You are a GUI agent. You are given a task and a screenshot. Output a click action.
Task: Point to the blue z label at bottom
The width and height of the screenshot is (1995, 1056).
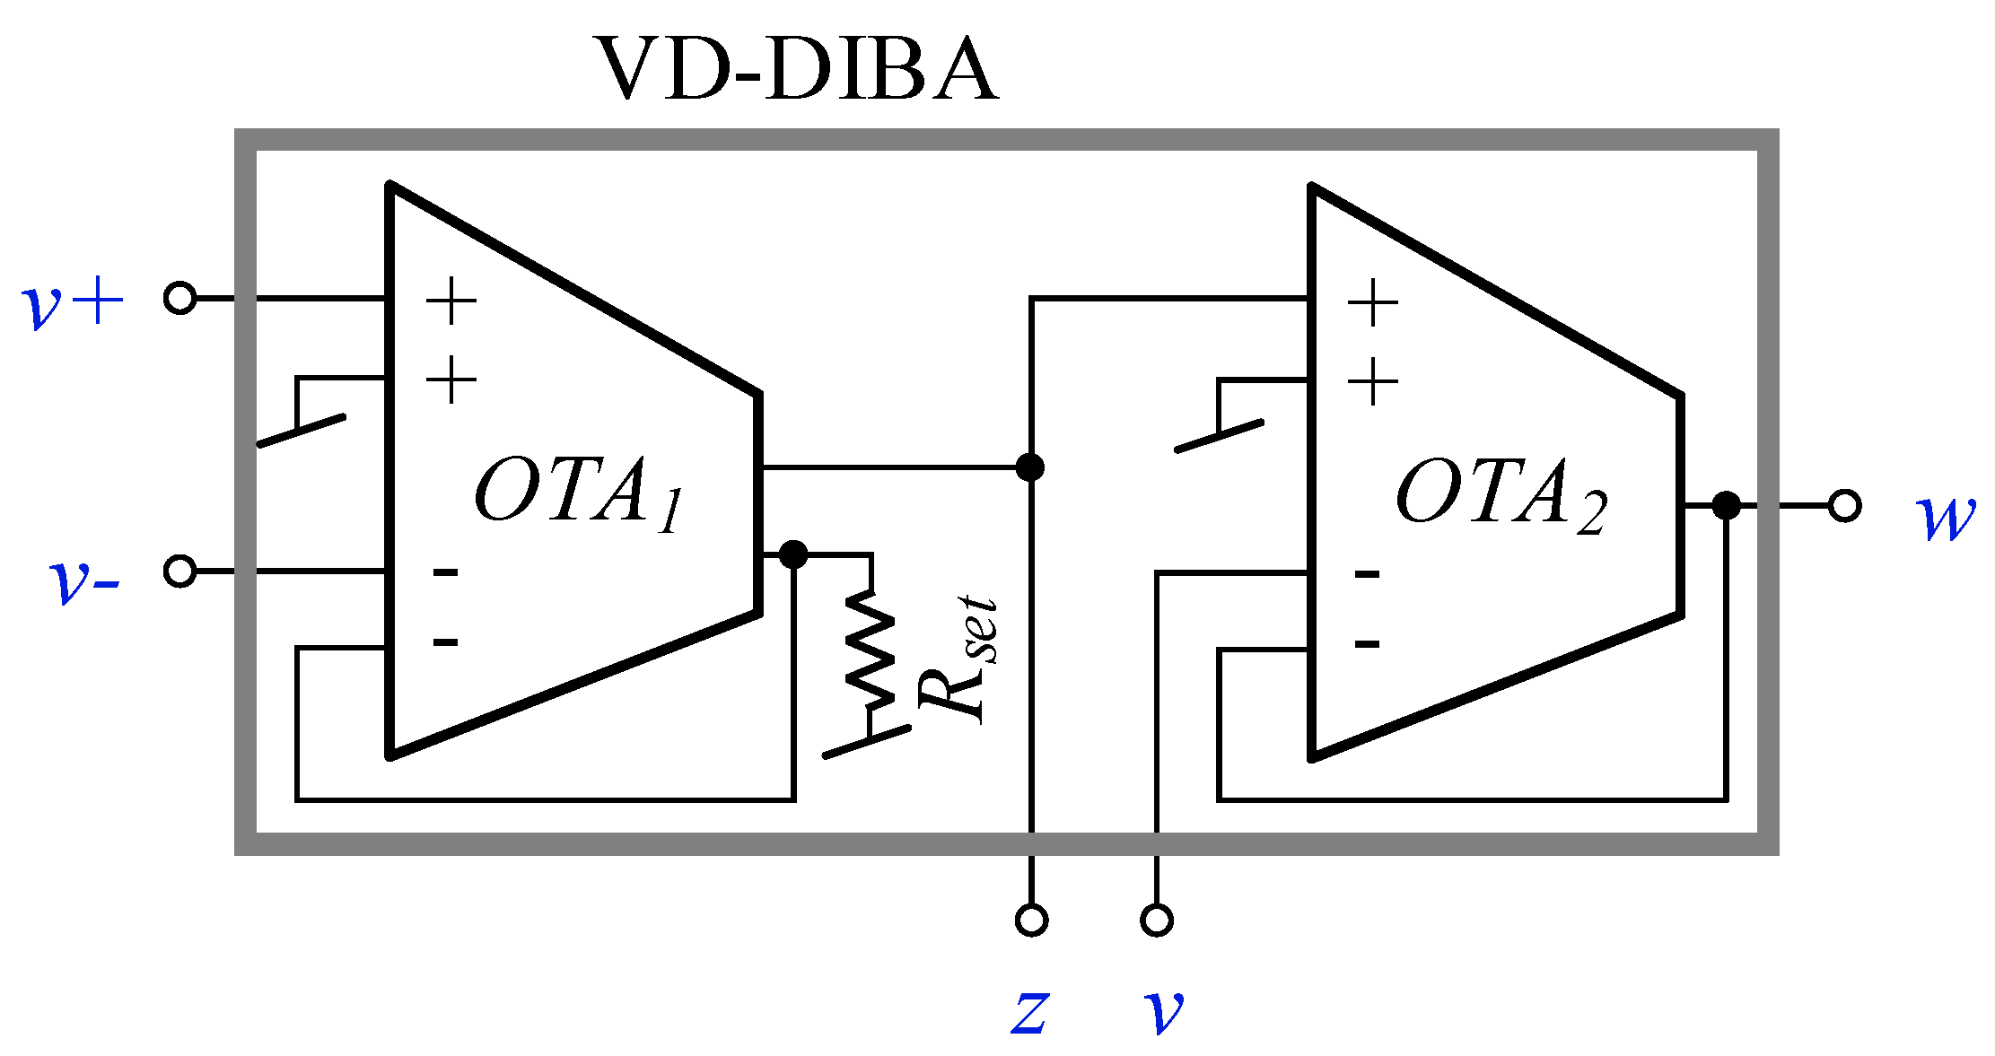pyautogui.click(x=1029, y=1012)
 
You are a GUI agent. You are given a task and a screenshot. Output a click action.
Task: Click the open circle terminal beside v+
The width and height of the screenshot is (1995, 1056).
pyautogui.click(x=180, y=298)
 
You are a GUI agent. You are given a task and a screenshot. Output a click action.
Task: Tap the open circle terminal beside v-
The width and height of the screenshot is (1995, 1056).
pyautogui.click(x=180, y=571)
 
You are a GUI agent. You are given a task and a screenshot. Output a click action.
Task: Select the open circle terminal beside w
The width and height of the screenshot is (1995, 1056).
pyautogui.click(x=1844, y=506)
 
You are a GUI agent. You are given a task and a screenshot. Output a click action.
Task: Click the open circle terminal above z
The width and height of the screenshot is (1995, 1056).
pyautogui.click(x=1031, y=921)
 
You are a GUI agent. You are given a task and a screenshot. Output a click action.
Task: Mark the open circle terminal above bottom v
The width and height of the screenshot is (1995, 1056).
pyautogui.click(x=1157, y=921)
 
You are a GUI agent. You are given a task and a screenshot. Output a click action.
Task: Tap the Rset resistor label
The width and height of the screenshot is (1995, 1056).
pyautogui.click(x=957, y=659)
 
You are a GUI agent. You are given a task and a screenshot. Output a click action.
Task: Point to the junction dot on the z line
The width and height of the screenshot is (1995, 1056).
pyautogui.click(x=1030, y=467)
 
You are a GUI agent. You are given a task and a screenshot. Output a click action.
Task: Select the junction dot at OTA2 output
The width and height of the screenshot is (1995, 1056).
pyautogui.click(x=1726, y=506)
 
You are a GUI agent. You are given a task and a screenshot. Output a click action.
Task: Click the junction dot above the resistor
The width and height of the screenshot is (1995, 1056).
pyautogui.click(x=793, y=554)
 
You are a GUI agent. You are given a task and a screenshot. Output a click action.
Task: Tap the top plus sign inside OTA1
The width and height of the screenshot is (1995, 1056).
pyautogui.click(x=451, y=301)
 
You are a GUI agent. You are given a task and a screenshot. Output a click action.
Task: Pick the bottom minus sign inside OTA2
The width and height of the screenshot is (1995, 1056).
pyautogui.click(x=1367, y=643)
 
